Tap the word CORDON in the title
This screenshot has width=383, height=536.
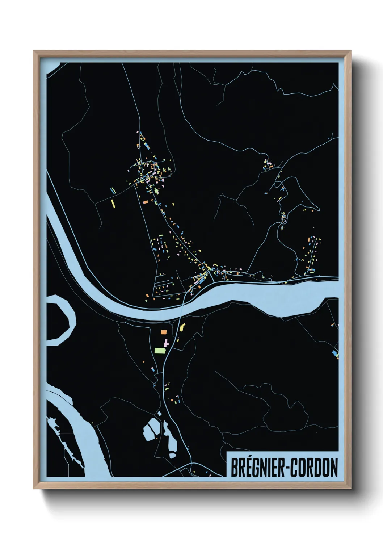coord(314,468)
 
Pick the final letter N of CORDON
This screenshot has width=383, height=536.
coord(333,468)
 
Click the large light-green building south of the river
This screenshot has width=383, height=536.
coord(160,350)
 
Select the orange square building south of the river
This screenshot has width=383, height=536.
coord(164,331)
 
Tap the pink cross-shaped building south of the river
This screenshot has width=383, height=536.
coord(166,342)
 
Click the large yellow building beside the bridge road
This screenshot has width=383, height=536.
coord(181,328)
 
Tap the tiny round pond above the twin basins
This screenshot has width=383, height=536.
coord(159,413)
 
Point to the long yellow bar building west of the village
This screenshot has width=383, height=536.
coord(113,203)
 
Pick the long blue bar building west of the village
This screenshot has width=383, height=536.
coord(113,190)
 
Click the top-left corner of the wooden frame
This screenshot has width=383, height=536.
coord(34,51)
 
